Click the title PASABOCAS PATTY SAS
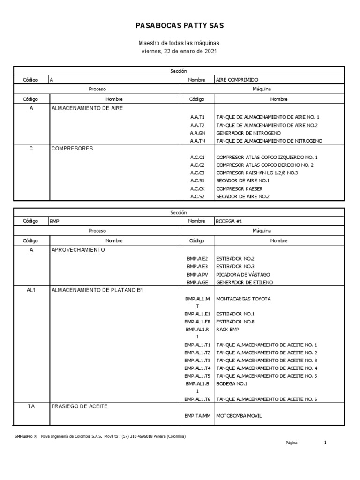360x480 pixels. [180, 25]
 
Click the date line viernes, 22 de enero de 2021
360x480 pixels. [180, 51]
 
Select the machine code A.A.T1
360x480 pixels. [197, 117]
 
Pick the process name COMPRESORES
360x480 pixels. [72, 149]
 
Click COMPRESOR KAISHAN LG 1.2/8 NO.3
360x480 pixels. [257, 173]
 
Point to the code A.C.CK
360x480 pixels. [197, 189]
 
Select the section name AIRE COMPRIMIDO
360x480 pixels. [237, 80]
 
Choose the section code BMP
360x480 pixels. [54, 221]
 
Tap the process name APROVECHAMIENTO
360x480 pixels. [78, 250]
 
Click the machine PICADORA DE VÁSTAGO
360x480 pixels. [243, 274]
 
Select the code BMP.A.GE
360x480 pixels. [197, 282]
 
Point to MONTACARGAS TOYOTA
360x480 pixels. [243, 299]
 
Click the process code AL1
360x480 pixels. [31, 290]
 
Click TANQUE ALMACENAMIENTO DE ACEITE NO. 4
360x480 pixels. [267, 368]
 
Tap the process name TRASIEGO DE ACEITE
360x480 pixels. [79, 406]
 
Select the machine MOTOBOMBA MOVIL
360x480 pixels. [239, 416]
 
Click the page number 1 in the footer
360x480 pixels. [325, 442]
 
